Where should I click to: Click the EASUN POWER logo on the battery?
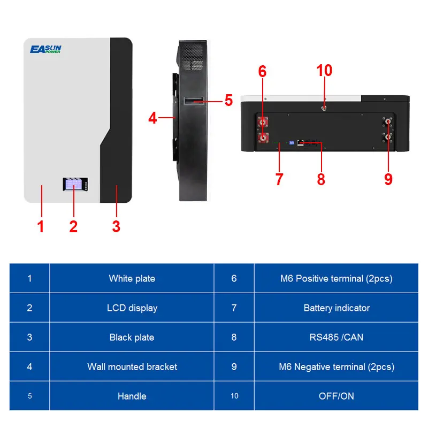[x=45, y=50]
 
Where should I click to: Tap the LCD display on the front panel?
[x=73, y=185]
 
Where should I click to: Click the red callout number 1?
[x=40, y=226]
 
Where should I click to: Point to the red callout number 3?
[x=116, y=226]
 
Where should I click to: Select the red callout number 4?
[x=153, y=118]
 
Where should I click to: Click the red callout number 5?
[x=228, y=100]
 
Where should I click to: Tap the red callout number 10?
[x=324, y=71]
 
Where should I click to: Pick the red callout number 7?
[x=279, y=179]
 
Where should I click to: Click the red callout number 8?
[x=321, y=179]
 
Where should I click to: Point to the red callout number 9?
[x=388, y=179]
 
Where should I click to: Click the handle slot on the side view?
[x=193, y=101]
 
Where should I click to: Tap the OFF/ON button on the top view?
[x=324, y=107]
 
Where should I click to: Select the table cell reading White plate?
[x=132, y=278]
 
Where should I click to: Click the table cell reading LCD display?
[x=132, y=308]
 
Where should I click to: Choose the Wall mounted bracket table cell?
[x=132, y=366]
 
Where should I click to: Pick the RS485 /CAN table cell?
[x=337, y=337]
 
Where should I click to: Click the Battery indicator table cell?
[x=337, y=308]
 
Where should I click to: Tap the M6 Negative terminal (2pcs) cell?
[x=337, y=366]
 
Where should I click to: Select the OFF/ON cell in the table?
[x=337, y=396]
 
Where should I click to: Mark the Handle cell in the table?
[x=132, y=396]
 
